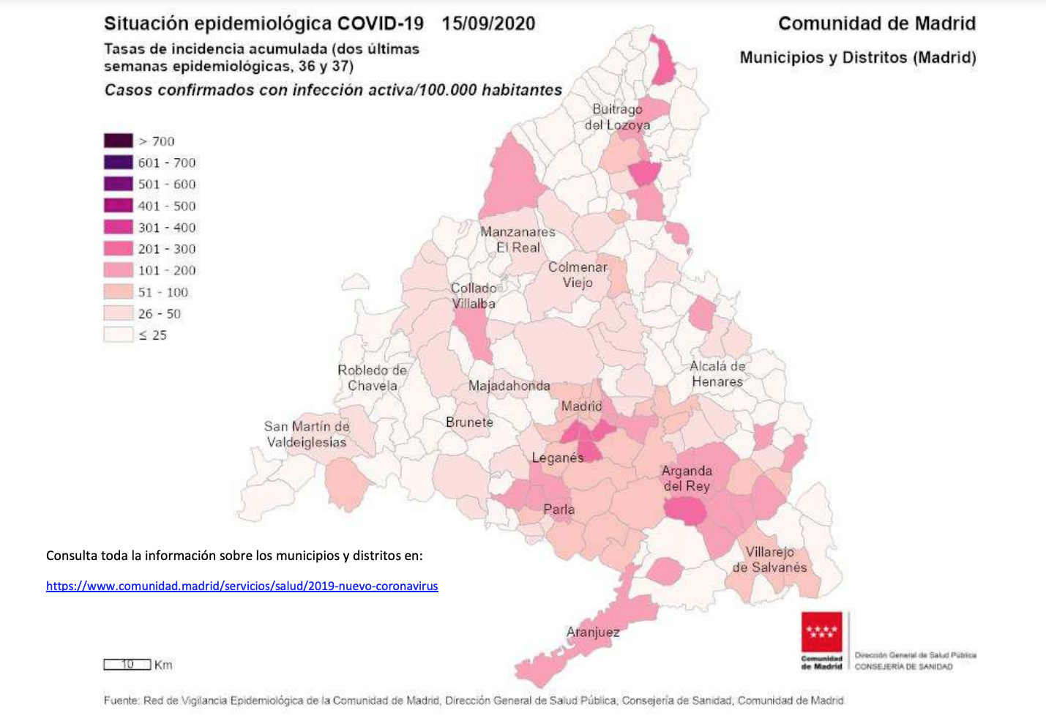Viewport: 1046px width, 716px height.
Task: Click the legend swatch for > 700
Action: [x=118, y=141]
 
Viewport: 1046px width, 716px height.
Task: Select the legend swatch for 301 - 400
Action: [x=118, y=227]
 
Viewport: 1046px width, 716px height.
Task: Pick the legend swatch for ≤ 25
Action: [x=118, y=335]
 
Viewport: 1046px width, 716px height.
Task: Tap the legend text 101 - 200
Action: [x=166, y=270]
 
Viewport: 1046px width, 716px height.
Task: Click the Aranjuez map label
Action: [x=592, y=632]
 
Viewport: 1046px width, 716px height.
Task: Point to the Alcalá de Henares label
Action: [x=717, y=374]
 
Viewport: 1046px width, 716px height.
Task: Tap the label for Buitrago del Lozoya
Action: [x=617, y=117]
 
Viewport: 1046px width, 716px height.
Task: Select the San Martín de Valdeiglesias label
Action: [x=307, y=434]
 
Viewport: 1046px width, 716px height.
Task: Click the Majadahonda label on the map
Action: [x=509, y=386]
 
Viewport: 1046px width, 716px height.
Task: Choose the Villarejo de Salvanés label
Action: [x=769, y=559]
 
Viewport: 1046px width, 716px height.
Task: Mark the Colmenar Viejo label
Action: [x=578, y=275]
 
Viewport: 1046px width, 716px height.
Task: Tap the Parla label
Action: [x=559, y=510]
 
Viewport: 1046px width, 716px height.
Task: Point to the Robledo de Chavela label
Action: [x=372, y=378]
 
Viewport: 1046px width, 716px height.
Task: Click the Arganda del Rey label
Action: [x=686, y=478]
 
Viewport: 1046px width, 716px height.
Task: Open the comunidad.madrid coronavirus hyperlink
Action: [x=242, y=586]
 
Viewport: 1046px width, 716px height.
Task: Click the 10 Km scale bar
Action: [x=127, y=665]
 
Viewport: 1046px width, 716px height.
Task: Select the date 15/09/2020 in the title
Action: [x=488, y=23]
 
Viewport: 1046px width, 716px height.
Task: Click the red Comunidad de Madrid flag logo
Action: [x=821, y=632]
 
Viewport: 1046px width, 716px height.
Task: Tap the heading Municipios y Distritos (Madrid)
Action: [x=857, y=58]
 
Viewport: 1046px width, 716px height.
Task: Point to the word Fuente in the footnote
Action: [x=120, y=701]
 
